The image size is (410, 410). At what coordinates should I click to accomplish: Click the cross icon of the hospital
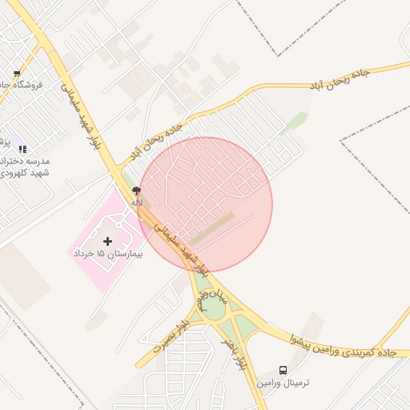(108, 240)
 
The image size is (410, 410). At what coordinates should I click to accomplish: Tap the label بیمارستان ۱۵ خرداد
(107, 253)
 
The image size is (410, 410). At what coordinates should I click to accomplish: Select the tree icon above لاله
(137, 191)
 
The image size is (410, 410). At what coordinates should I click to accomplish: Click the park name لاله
(137, 203)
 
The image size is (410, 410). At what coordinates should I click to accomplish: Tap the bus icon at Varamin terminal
(283, 371)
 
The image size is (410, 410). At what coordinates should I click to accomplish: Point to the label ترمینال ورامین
(283, 384)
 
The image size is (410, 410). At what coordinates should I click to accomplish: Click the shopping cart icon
(16, 74)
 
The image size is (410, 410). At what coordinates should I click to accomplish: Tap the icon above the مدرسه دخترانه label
(22, 149)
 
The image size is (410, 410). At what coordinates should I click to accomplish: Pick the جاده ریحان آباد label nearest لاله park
(158, 141)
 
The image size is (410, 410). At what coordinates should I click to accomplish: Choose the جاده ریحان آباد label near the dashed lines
(340, 78)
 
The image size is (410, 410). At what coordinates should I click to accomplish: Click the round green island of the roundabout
(213, 309)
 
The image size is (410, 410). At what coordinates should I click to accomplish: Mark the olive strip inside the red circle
(211, 227)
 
